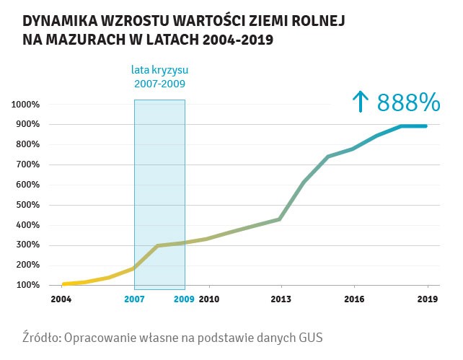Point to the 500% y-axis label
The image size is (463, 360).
pos(27,205)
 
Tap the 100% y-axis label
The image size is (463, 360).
pos(27,285)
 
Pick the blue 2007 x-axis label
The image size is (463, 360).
pos(134,299)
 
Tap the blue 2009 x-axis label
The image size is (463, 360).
pos(185,299)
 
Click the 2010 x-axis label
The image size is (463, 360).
pos(209,299)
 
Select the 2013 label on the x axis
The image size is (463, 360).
pos(281,299)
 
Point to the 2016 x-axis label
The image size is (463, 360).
pos(353,299)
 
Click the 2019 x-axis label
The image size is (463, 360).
pos(427,299)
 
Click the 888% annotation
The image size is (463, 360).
pos(408,102)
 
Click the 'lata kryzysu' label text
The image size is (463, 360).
pos(160,71)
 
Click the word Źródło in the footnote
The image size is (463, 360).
pos(43,337)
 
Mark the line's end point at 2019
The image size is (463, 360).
pos(426,126)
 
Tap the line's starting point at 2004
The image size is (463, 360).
pos(64,284)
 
